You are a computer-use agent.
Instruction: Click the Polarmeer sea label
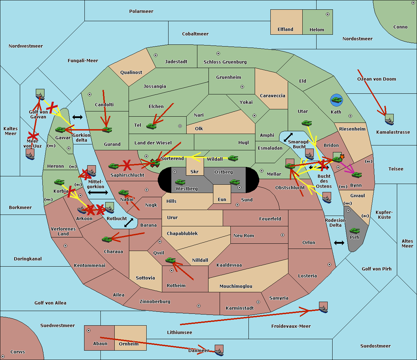coord(141,11)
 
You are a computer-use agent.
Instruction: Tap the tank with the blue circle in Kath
coord(336,100)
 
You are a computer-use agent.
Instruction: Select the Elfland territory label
coord(285,30)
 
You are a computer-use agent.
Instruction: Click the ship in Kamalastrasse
coord(390,119)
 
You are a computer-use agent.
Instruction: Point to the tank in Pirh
coord(354,231)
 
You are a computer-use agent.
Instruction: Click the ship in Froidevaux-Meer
coord(323,307)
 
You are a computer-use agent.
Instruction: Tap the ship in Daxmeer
coord(219,350)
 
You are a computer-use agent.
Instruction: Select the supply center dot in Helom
coord(328,14)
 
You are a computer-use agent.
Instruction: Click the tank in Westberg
coord(180,182)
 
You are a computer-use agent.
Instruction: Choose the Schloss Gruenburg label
coord(225,62)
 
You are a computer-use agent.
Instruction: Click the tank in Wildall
coord(233,158)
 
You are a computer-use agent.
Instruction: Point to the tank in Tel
coord(151,126)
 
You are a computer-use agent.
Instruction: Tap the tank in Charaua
coord(107,239)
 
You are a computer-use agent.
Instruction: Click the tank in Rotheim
coord(170,260)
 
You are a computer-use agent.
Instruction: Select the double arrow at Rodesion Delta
coord(339,243)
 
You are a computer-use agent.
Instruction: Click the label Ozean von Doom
coord(376,79)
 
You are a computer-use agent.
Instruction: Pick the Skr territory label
coord(195,171)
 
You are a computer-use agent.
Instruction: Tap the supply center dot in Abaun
coord(89,330)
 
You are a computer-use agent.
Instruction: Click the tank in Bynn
coord(357,175)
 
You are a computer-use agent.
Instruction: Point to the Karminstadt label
coord(240,308)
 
